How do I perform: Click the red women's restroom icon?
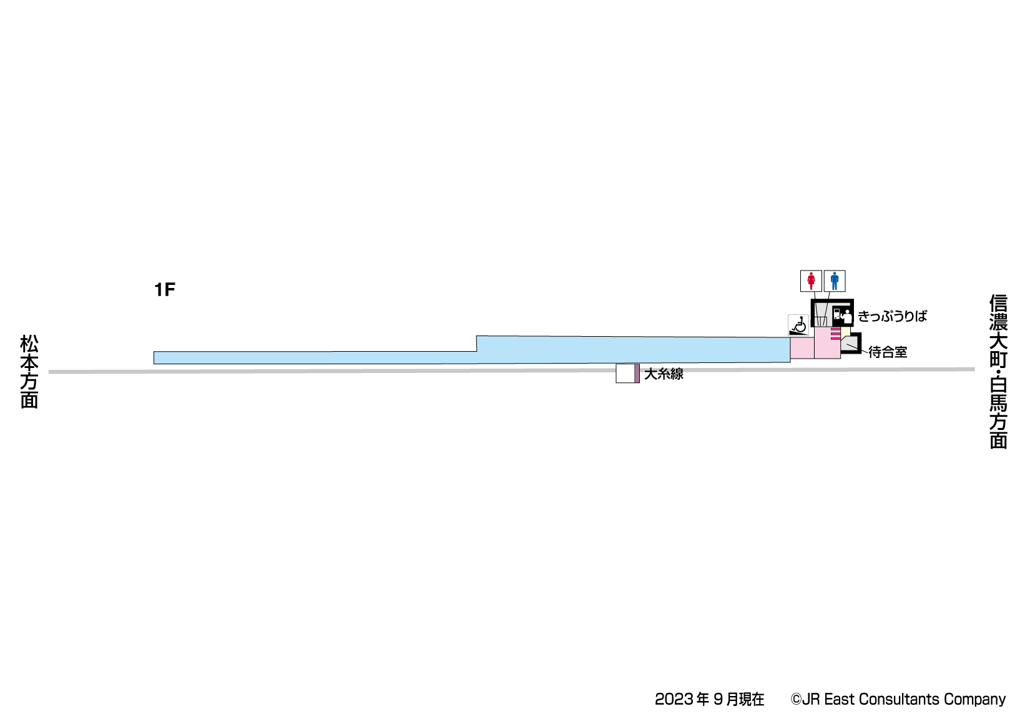[811, 281]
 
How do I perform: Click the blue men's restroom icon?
[835, 281]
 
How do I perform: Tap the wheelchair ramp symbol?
[798, 326]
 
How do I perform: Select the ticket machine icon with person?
[842, 315]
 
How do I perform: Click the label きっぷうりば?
[892, 316]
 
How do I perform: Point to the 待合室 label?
[888, 352]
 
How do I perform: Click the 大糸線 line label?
[664, 374]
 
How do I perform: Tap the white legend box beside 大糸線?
[625, 374]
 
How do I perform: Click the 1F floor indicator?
[165, 290]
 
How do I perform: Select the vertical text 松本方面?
[29, 371]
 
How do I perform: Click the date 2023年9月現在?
[709, 699]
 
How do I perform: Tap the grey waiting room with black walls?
[850, 344]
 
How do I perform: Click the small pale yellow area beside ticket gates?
[845, 332]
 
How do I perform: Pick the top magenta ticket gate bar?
[835, 329]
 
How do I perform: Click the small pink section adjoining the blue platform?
[802, 348]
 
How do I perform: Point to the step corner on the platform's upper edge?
[477, 337]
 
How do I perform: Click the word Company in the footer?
[974, 699]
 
